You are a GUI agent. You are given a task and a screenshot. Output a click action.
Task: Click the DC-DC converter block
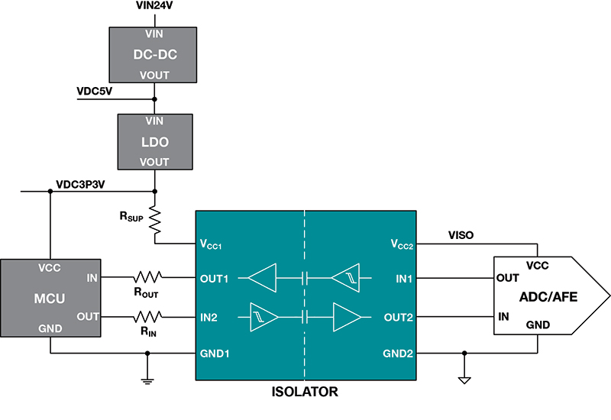point(155,54)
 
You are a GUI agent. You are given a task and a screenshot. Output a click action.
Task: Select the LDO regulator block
point(155,141)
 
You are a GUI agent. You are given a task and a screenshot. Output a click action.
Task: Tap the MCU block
point(50,297)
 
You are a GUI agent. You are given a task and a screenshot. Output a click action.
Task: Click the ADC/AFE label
point(548,296)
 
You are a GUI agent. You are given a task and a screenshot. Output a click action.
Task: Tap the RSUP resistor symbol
point(155,220)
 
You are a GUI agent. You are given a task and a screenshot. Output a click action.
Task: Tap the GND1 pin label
point(215,354)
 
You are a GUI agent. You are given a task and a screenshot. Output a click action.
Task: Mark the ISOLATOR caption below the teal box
point(305,393)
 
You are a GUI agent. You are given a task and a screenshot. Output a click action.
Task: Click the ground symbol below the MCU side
point(147,380)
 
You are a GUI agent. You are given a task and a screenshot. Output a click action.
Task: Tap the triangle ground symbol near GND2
point(464,380)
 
